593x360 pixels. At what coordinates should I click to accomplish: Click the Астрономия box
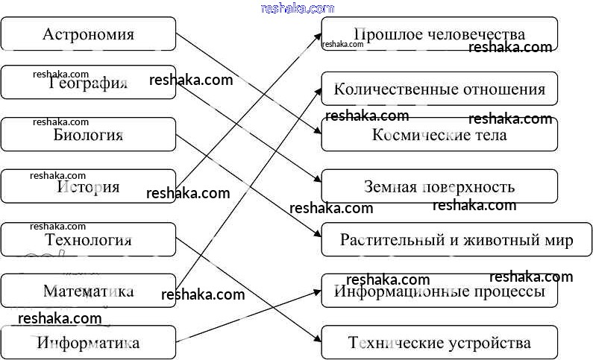coord(88,34)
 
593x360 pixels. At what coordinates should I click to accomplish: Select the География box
coord(88,83)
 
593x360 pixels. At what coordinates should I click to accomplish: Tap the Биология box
coord(88,135)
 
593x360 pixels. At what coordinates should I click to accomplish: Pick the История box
coord(88,186)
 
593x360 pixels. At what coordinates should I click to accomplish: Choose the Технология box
coord(88,239)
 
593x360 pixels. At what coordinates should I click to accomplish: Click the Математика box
coord(88,291)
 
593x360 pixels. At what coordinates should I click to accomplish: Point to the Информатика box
coord(88,343)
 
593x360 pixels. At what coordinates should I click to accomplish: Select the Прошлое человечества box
coord(439,34)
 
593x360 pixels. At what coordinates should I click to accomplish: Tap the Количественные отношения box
coord(439,89)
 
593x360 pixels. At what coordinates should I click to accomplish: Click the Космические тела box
coord(439,135)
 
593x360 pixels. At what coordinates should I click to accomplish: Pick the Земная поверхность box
coord(439,186)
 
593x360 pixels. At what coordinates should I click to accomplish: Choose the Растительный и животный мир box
coord(456,239)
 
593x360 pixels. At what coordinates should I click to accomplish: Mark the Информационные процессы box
coord(439,291)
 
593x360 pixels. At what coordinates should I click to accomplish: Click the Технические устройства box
coord(439,343)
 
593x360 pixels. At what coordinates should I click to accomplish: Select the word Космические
coord(415,135)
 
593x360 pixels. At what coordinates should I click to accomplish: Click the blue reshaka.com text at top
coord(297,8)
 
